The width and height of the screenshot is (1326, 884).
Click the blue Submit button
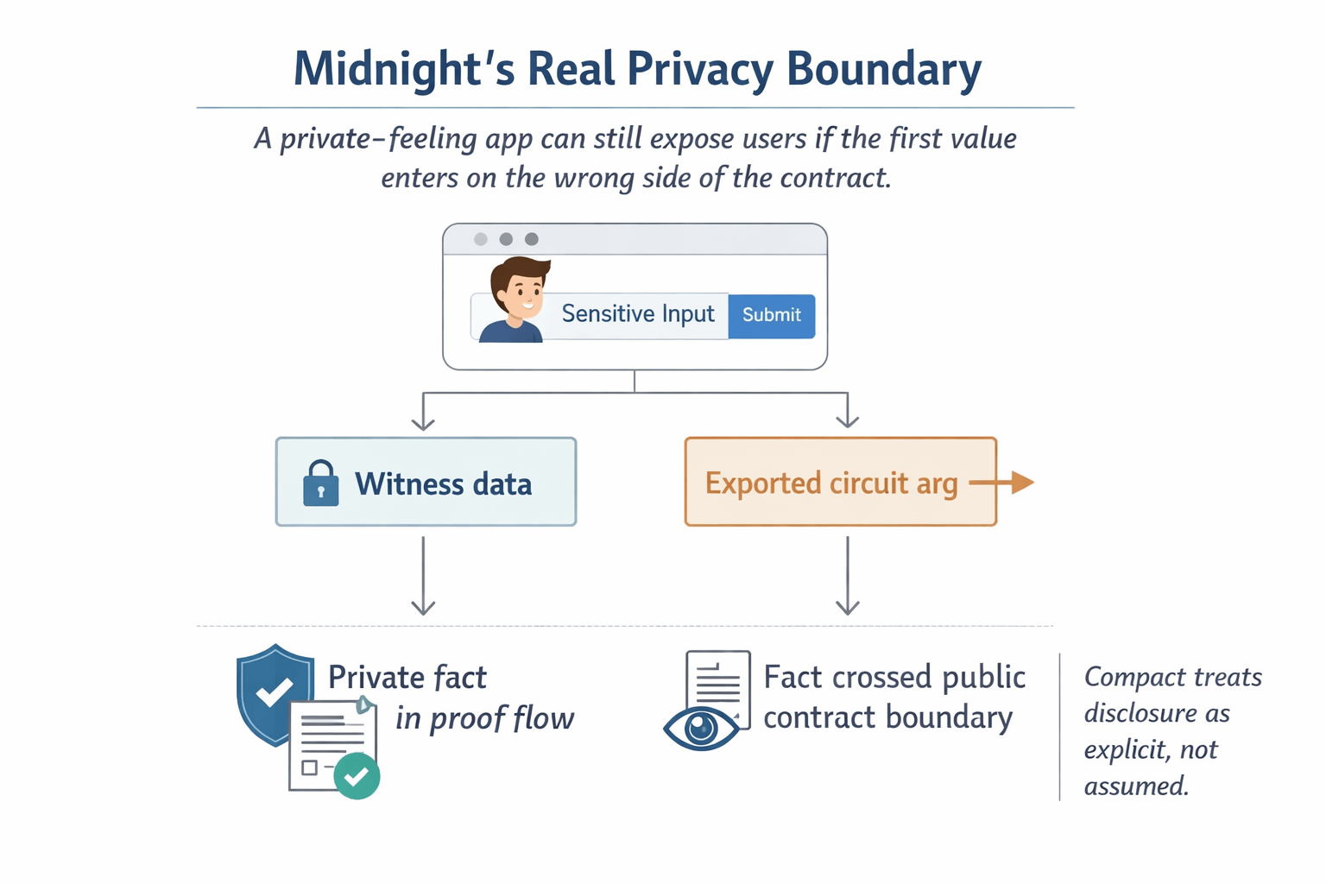click(771, 315)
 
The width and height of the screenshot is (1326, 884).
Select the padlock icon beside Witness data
click(320, 483)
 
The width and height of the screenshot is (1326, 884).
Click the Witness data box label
click(443, 484)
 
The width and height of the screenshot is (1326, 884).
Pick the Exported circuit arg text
click(830, 483)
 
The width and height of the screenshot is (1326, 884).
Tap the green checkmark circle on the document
click(357, 776)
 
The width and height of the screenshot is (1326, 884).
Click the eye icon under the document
click(701, 728)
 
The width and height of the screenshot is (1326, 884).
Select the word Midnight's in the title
click(403, 70)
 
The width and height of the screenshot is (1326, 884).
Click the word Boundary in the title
click(884, 70)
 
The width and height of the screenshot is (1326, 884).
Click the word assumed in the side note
click(1135, 786)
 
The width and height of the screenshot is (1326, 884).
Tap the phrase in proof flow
click(484, 718)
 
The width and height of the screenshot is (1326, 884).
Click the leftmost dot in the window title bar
click(481, 239)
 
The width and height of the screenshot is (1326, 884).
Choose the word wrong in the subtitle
click(592, 178)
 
